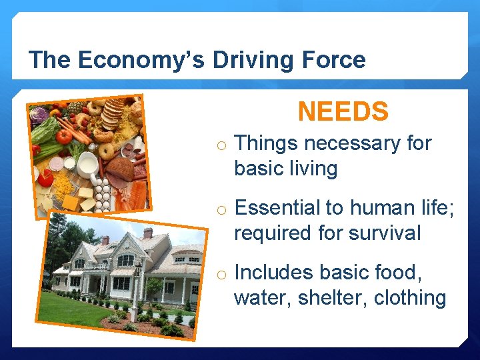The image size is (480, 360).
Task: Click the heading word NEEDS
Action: point(343,111)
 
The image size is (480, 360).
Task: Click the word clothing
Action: point(410,297)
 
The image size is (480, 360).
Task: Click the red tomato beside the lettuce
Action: point(64,136)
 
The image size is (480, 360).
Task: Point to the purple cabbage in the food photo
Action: point(39,115)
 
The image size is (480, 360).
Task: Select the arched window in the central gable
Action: point(125,260)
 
